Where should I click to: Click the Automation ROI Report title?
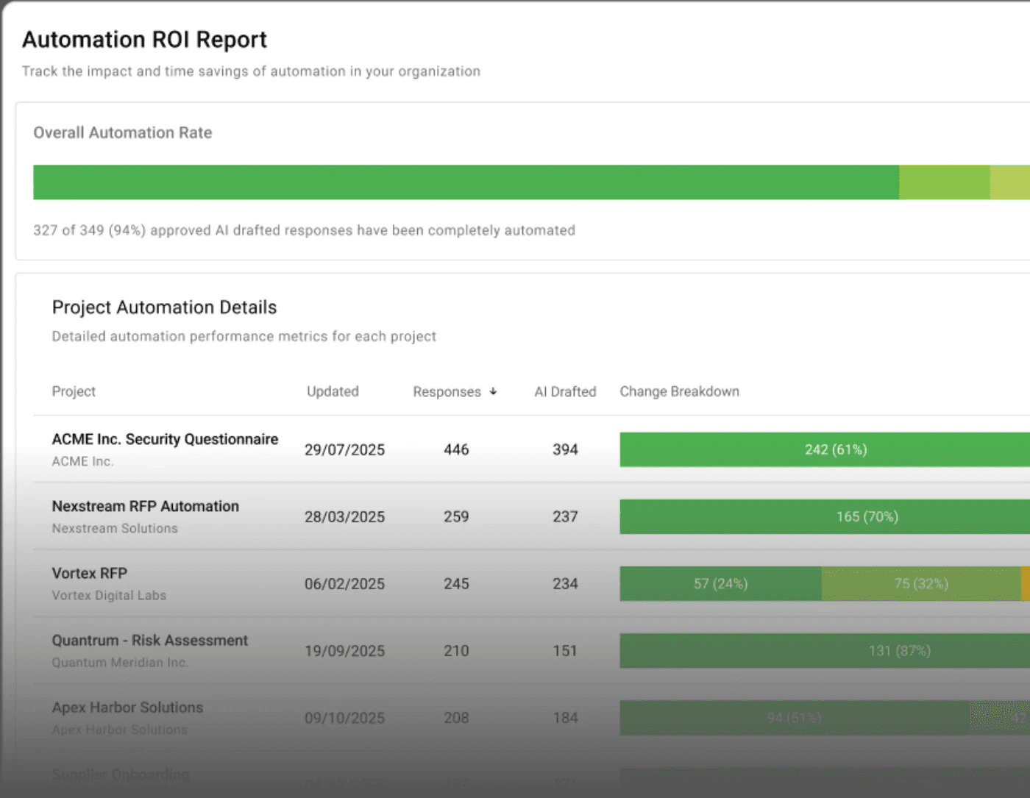tap(144, 40)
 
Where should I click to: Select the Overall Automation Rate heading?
tap(122, 133)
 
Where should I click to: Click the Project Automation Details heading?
tap(164, 307)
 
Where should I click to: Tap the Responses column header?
tap(447, 392)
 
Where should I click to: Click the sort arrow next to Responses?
tap(493, 392)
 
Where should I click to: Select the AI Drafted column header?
tap(565, 392)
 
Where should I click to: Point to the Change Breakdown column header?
tap(679, 392)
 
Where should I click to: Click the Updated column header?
tap(333, 392)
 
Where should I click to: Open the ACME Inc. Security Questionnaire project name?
tap(165, 439)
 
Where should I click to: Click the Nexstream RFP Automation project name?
tap(145, 506)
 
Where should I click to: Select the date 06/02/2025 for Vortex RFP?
tap(344, 584)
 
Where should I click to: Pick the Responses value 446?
tap(456, 449)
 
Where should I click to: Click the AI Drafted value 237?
tap(565, 517)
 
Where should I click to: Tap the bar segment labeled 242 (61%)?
tap(835, 449)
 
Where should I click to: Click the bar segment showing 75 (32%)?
tap(920, 584)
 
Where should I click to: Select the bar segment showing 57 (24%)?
tap(720, 584)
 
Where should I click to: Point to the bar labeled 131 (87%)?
tap(899, 651)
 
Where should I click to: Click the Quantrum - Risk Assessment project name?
tap(149, 641)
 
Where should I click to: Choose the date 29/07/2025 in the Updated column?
tap(344, 449)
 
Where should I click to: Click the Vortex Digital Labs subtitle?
tap(109, 596)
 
